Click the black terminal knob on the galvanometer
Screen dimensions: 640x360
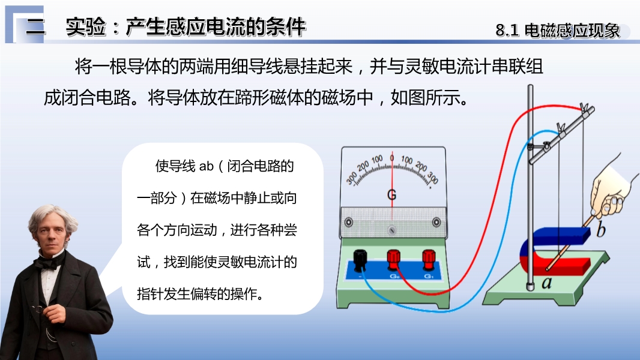coord(360,260)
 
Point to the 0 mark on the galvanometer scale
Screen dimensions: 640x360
coord(392,157)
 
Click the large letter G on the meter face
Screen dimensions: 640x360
coord(391,195)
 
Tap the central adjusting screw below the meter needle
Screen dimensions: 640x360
coord(392,230)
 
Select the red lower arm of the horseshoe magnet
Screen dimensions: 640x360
coord(563,265)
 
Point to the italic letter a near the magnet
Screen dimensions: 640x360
coord(546,282)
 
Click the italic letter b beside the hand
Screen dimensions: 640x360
coord(600,229)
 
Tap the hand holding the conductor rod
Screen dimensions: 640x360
coord(610,191)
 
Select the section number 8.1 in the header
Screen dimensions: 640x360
coord(507,31)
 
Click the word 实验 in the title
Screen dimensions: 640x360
coord(86,28)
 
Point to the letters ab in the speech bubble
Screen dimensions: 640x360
coord(207,166)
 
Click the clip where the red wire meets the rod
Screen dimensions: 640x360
coord(585,109)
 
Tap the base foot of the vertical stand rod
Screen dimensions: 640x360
coord(530,287)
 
